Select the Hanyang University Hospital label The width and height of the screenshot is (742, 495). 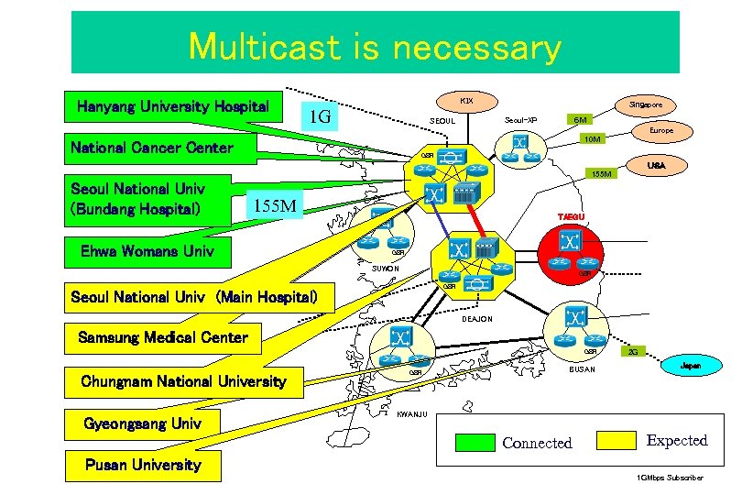173,106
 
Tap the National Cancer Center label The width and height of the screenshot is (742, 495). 152,148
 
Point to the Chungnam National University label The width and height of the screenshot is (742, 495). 183,380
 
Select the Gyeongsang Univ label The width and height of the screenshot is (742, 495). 142,424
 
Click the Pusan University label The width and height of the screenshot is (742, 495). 142,465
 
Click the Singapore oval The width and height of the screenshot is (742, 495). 645,104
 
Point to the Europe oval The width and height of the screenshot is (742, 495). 660,131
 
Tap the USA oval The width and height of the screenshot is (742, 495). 656,166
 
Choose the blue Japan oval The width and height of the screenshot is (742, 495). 692,364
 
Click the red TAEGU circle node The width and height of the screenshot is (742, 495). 572,243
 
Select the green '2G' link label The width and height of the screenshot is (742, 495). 632,352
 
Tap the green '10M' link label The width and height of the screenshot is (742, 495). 593,139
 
